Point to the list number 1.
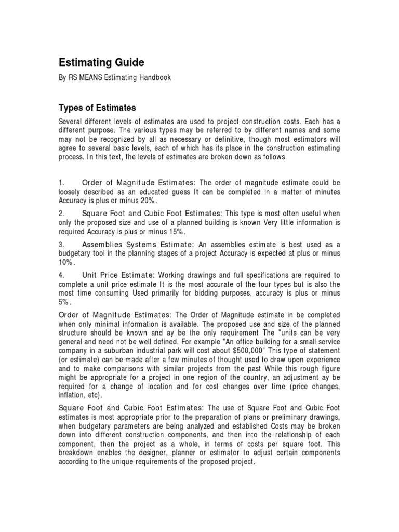61,183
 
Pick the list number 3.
61,244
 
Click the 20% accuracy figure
147,201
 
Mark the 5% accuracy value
63,301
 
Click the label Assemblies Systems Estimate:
137,244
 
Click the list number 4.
61,275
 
